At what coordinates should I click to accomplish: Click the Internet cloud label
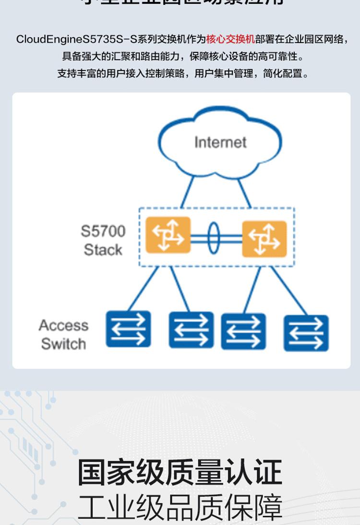[x=220, y=142]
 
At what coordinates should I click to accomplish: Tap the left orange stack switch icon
[x=168, y=235]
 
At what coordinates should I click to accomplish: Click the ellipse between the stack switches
[x=214, y=236]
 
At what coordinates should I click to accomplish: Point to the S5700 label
[x=103, y=231]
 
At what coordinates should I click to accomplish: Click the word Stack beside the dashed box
[x=103, y=250]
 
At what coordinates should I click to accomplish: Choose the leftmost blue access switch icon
[x=128, y=329]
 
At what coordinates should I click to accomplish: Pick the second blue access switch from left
[x=191, y=330]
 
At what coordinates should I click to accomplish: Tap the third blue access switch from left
[x=243, y=331]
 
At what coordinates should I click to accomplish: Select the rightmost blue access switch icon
[x=306, y=333]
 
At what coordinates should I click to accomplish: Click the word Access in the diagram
[x=63, y=325]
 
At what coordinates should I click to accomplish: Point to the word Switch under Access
[x=63, y=344]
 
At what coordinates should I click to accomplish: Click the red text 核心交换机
[x=230, y=39]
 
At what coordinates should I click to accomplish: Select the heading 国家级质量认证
[x=180, y=472]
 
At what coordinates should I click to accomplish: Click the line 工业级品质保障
[x=180, y=507]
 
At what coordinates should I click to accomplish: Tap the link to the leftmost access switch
[x=143, y=289]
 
